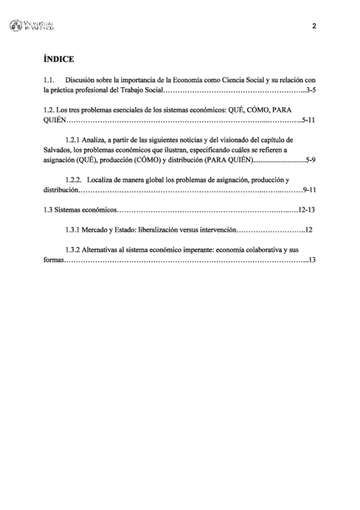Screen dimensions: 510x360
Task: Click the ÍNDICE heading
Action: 58,59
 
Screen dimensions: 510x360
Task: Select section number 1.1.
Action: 49,79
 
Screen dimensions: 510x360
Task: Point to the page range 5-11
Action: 309,120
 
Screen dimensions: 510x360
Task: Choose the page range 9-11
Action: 310,189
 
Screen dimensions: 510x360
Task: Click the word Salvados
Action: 56,150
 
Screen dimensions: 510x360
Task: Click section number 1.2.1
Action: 75,140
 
